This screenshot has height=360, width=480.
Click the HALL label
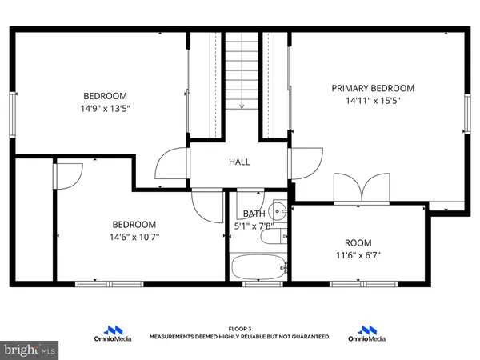[x=239, y=162]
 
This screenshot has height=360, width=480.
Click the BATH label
[x=254, y=214]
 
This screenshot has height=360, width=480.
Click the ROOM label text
[x=358, y=243]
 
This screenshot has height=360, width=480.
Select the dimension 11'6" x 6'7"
[x=358, y=256]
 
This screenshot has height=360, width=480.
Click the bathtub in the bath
[x=256, y=266]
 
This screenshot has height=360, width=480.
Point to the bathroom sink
[x=278, y=212]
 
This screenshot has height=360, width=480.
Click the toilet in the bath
[x=272, y=238]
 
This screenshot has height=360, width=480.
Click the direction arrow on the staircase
[x=241, y=102]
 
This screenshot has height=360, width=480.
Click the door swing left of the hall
[x=170, y=166]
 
